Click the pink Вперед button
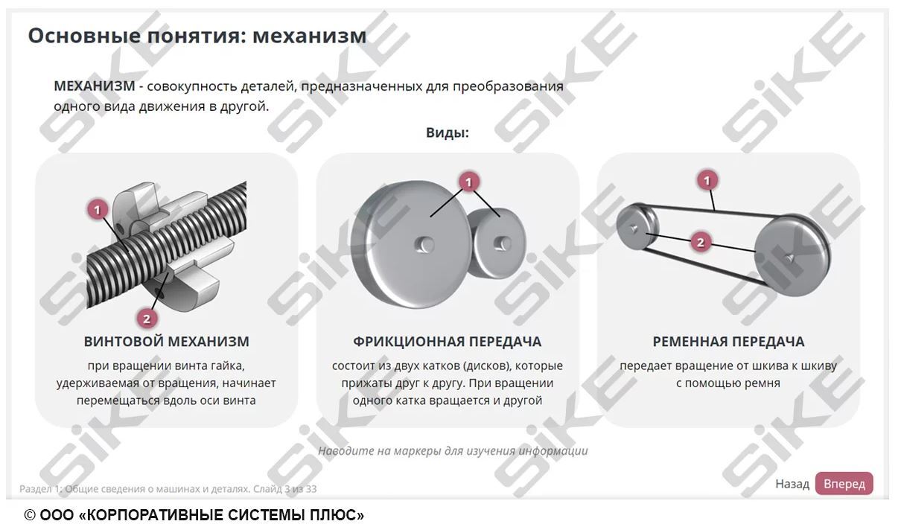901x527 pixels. pos(844,484)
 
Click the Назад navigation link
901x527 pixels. pos(792,484)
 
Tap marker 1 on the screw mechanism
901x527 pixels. pos(98,209)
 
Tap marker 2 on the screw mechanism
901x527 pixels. pos(147,319)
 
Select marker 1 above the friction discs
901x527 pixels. pos(468,182)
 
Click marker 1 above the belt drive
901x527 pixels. pos(707,180)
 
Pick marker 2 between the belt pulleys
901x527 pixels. pos(700,242)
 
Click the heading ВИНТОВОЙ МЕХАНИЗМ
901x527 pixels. pos(166,342)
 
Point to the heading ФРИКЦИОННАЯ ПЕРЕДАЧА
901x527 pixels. pos(447,342)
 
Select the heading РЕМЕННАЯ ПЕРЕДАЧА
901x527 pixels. pos(728,342)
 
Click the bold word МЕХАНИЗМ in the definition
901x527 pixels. pos(94,86)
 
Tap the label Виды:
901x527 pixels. pos(447,133)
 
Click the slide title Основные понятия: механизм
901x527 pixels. pos(197,36)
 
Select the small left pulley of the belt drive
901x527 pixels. pos(637,227)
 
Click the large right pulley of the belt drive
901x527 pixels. pos(792,253)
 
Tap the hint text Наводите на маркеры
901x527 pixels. pos(453,451)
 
